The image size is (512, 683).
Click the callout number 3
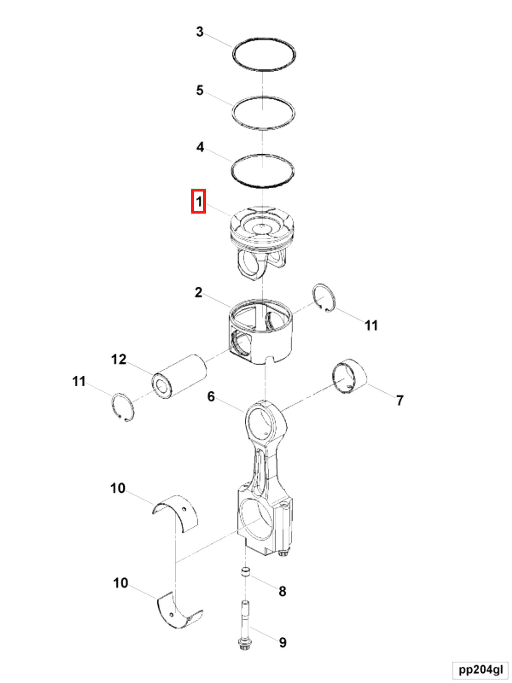tap(200, 32)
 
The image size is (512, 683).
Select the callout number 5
tap(200, 91)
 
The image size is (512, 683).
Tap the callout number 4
tap(200, 147)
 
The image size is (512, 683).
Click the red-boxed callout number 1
tap(198, 201)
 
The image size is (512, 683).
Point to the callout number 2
tap(198, 292)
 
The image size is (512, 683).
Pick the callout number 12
tap(119, 359)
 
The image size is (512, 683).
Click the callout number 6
tap(211, 396)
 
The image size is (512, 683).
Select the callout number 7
tap(400, 400)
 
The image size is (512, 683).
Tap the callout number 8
tap(282, 591)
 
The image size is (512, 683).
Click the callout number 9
tap(283, 642)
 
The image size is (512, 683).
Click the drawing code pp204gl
tap(481, 670)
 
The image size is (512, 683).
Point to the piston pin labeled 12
tap(179, 376)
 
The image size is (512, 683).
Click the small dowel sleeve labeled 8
tap(245, 571)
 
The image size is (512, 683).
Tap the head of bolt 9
tap(245, 644)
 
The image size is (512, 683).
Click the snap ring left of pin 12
tap(123, 407)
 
